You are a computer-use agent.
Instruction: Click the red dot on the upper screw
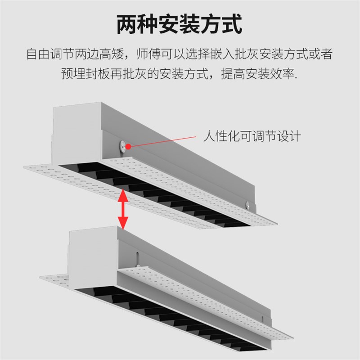128,146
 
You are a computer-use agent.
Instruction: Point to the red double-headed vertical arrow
123,209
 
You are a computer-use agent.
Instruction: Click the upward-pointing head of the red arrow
123,195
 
